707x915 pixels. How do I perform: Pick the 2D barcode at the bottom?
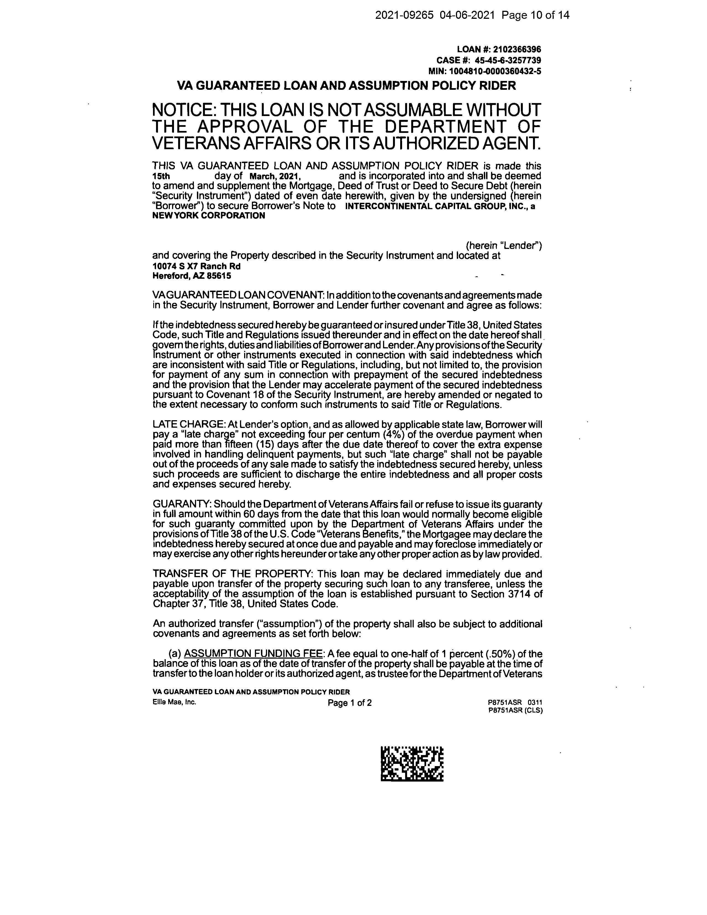(x=412, y=764)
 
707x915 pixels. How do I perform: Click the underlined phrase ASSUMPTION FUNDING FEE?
(x=254, y=654)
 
